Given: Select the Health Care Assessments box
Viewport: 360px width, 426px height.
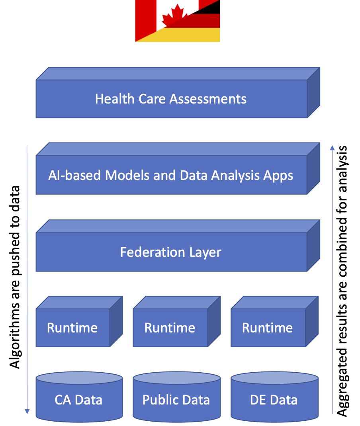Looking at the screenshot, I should click(171, 98).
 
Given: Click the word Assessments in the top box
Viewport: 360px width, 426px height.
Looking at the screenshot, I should click(208, 99).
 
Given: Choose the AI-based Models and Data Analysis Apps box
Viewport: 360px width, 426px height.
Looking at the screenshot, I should click(171, 175).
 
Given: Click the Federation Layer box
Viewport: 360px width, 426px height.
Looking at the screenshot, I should click(171, 252).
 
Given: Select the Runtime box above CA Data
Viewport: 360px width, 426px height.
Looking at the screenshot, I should click(72, 328).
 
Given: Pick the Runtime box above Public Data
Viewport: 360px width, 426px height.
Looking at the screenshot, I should click(170, 328).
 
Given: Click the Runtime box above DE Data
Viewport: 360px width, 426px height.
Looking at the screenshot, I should click(268, 328).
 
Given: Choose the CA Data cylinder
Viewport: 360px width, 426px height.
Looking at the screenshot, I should click(79, 399).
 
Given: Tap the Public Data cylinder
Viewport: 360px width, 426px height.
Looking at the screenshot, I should click(176, 399).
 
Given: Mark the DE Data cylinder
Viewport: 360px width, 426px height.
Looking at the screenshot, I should click(274, 399).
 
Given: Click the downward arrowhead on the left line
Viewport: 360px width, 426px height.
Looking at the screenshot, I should click(27, 411).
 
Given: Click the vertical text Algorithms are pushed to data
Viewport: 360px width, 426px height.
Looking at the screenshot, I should click(15, 277).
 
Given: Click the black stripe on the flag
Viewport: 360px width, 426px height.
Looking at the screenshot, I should click(211, 6).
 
